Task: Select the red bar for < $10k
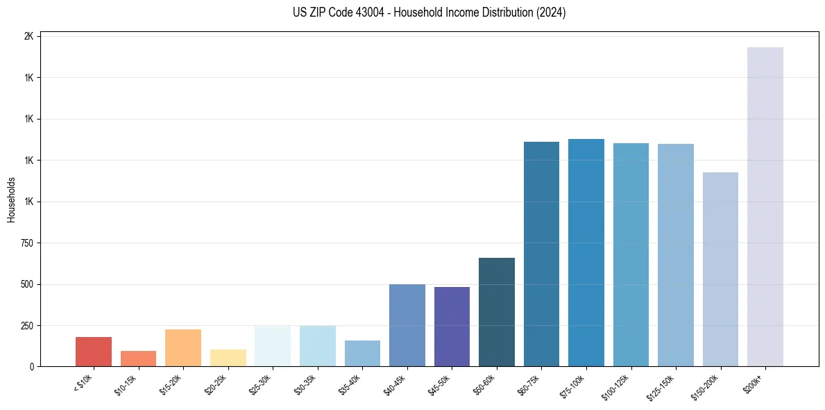(x=94, y=352)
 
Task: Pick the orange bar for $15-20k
(x=183, y=347)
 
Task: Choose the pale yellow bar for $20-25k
(x=228, y=358)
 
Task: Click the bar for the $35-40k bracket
(x=362, y=353)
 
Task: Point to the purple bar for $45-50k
(x=452, y=327)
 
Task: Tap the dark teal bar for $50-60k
(x=496, y=312)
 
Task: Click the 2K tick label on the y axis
(x=29, y=36)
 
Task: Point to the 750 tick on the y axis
(x=26, y=243)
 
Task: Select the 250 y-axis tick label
(x=26, y=326)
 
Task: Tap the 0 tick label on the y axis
(x=32, y=367)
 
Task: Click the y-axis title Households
(x=11, y=200)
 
